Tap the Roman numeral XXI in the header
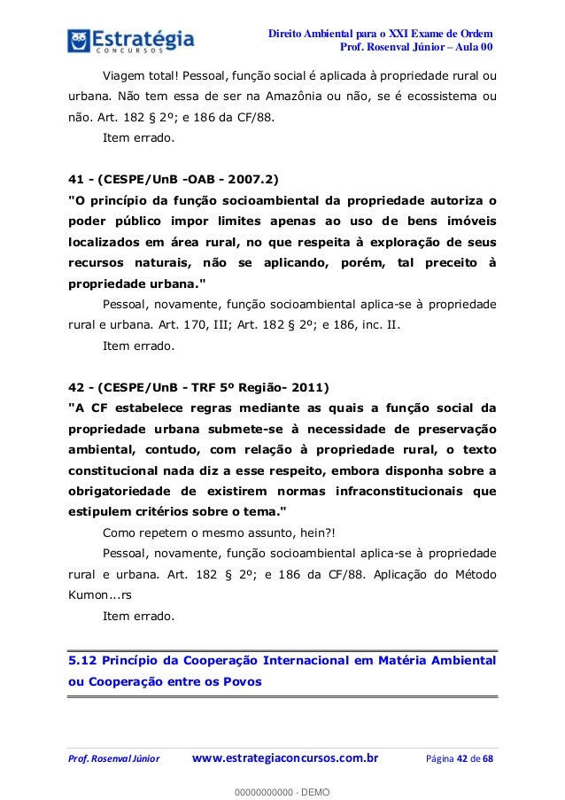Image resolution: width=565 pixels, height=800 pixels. click(403, 33)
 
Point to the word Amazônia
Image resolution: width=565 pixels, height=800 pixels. click(308, 95)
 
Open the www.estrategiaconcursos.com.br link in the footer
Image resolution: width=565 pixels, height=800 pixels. click(285, 757)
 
